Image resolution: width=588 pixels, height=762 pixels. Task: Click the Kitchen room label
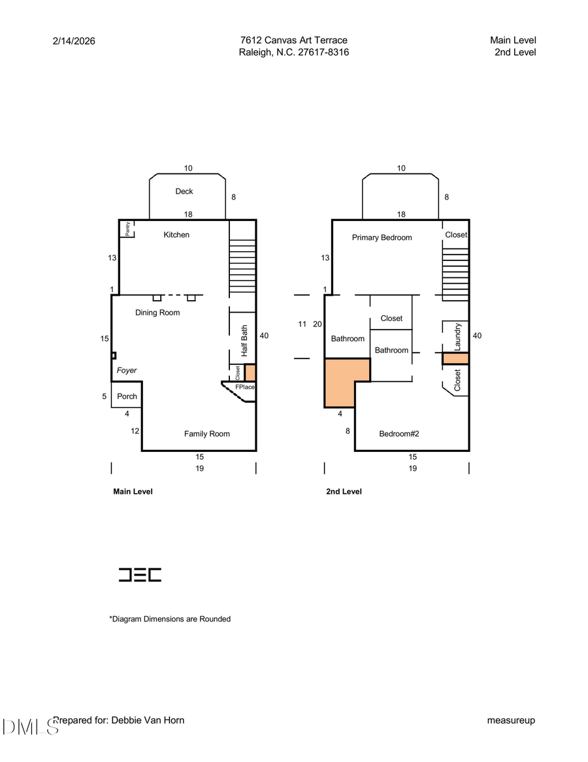176,235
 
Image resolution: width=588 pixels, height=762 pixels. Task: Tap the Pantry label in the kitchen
128,228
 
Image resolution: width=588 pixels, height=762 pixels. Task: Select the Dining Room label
157,313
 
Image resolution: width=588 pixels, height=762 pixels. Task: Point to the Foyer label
127,370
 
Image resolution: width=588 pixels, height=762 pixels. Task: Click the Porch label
127,396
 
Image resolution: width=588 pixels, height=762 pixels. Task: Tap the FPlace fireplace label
245,387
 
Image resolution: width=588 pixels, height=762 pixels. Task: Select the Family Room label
206,434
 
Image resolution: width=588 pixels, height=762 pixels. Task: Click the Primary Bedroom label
382,237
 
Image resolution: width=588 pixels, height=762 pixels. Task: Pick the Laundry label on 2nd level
457,336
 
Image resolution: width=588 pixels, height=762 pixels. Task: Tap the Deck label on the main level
184,192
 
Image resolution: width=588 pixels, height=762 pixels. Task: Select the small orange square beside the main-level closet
250,373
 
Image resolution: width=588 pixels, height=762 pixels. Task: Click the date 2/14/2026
74,41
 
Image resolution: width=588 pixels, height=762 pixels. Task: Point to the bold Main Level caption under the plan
133,491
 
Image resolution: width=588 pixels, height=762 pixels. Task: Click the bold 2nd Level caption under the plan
344,491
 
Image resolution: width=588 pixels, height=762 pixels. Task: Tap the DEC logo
140,575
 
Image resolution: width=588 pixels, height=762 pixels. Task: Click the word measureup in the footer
511,720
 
